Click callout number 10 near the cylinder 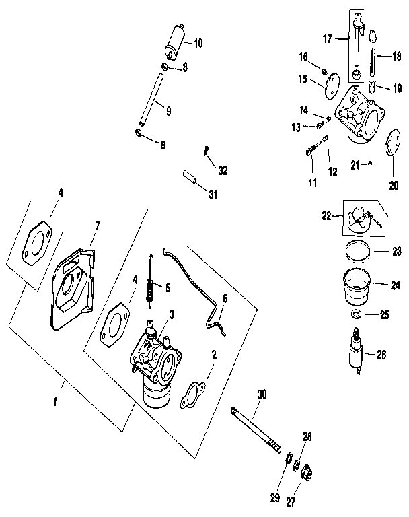tap(198, 44)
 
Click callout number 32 tap(223, 171)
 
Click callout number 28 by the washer tap(307, 438)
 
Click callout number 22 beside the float tap(327, 215)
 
